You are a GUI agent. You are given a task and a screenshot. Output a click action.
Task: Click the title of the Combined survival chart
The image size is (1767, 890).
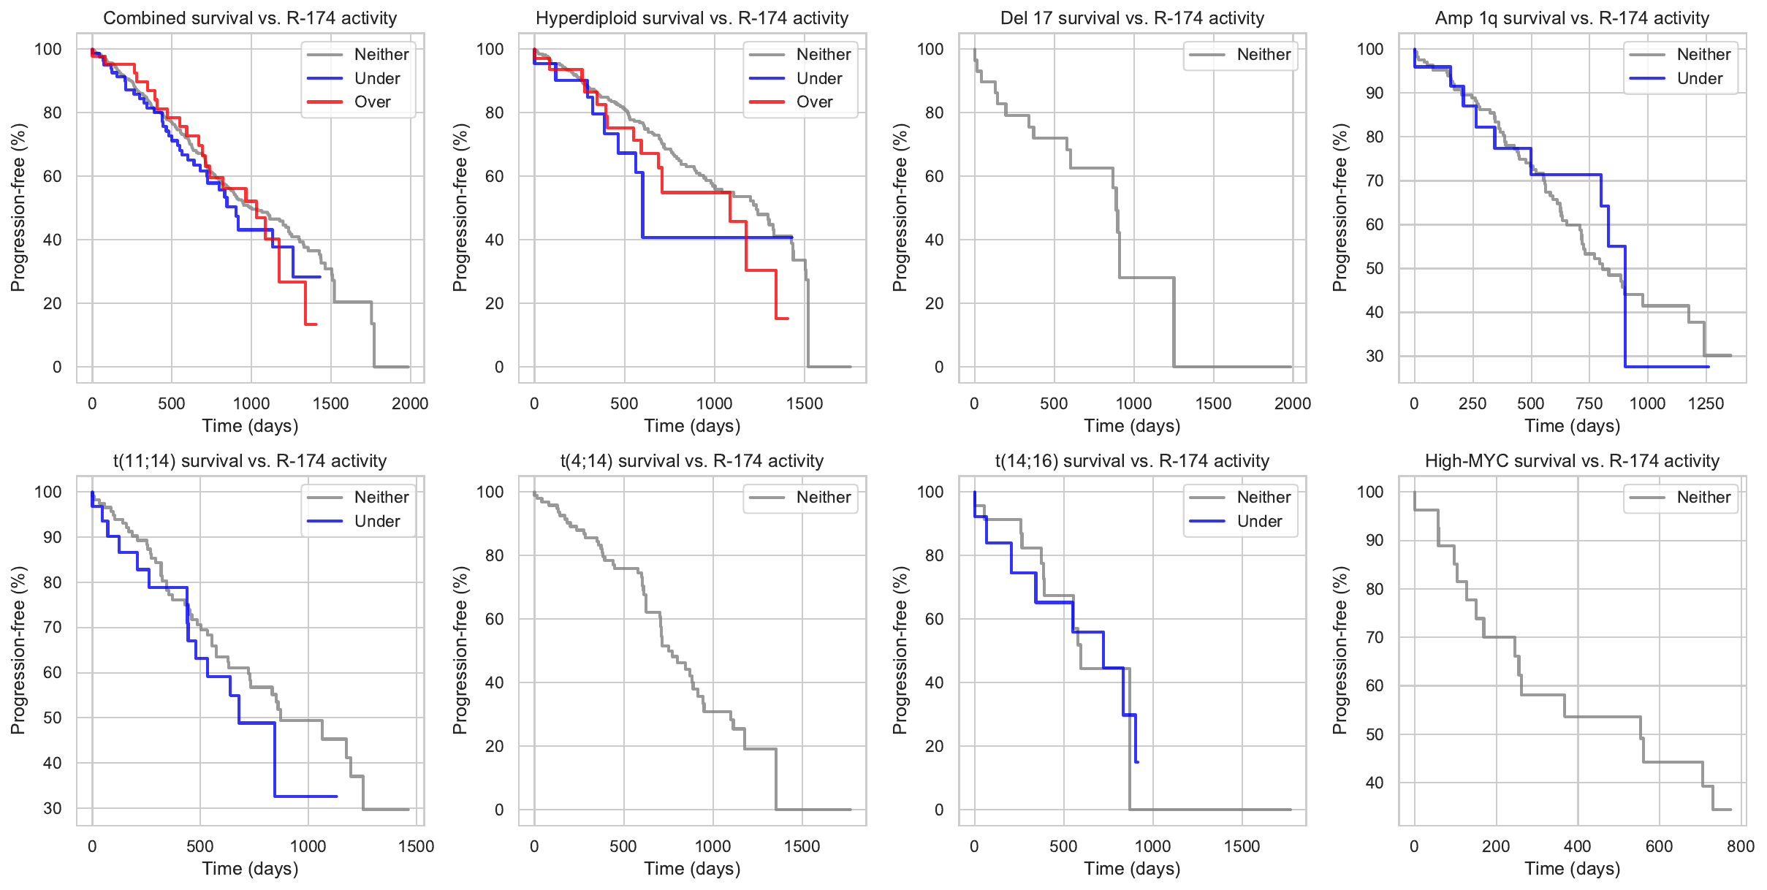coord(250,18)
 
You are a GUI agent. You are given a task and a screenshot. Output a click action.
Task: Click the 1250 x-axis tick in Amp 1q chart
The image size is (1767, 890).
coord(1706,404)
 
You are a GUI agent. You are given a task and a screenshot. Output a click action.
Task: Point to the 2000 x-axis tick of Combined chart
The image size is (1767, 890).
coord(410,404)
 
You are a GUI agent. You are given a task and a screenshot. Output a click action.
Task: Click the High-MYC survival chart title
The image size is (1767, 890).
coord(1572,461)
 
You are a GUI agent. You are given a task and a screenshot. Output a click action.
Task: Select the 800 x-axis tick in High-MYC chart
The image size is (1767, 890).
coord(1740,847)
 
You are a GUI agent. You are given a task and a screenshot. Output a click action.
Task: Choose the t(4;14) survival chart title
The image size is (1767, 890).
coord(692,461)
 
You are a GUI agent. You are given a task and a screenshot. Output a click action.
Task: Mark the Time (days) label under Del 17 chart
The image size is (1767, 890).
coord(1132,426)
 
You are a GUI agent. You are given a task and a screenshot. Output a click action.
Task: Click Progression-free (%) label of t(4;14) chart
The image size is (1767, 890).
coord(460,650)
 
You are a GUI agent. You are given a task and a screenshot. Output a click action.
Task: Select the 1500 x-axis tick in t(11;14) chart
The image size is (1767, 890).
coord(416,847)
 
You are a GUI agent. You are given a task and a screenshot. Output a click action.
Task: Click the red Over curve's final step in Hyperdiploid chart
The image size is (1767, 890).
coord(783,319)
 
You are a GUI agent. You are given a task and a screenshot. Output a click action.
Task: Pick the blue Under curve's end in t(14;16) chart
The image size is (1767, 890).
coord(1137,762)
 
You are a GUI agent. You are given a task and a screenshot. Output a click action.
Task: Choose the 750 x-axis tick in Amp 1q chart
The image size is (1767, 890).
coord(1589,404)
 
